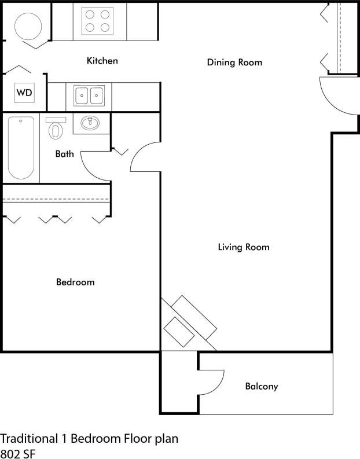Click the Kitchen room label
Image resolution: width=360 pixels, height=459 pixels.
(x=102, y=61)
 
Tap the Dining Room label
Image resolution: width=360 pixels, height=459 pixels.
(x=234, y=63)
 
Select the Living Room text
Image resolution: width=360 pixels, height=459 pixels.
(x=244, y=247)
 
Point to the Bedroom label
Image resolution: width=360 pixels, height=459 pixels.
(x=75, y=282)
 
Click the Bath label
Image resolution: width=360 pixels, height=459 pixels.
(x=64, y=154)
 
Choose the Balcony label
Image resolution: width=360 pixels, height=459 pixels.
(x=262, y=386)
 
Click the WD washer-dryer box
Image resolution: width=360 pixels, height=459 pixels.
(x=24, y=93)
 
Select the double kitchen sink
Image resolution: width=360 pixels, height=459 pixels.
(x=89, y=94)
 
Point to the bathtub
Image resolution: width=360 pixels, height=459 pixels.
(x=21, y=148)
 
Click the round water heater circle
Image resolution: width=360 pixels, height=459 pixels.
(x=28, y=26)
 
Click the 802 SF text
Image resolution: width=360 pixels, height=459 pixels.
(x=17, y=453)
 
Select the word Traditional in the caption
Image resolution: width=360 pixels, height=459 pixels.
(x=28, y=438)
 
